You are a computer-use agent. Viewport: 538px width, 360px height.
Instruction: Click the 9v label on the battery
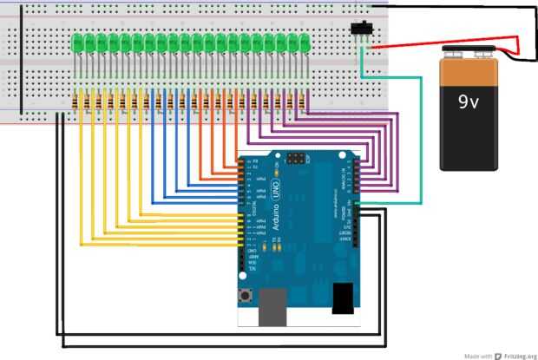click(469, 101)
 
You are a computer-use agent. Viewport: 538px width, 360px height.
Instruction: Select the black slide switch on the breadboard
click(360, 29)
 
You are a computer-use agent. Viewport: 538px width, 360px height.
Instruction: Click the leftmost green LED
click(78, 42)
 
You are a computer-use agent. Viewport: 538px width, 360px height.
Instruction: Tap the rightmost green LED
click(305, 42)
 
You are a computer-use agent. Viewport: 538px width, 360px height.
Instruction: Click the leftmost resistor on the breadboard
click(82, 101)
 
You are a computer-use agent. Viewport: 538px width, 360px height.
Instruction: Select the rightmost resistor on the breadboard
click(303, 101)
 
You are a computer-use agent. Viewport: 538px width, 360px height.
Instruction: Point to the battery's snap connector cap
click(474, 56)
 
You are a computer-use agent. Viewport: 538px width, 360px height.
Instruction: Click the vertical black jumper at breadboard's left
click(21, 65)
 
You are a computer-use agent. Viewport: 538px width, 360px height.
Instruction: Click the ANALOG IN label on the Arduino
click(348, 182)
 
